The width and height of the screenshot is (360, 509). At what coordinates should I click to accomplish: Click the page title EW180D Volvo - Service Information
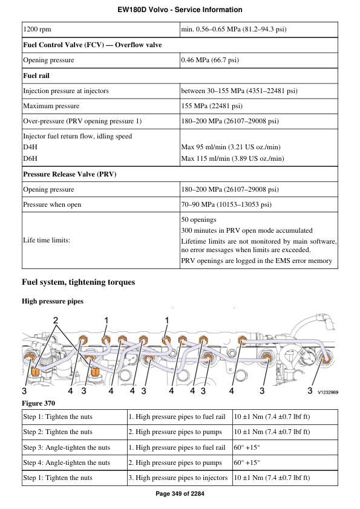(x=180, y=10)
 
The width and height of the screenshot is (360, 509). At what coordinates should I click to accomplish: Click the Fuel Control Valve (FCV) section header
(x=92, y=45)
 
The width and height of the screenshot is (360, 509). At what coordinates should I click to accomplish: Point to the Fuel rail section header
(x=36, y=76)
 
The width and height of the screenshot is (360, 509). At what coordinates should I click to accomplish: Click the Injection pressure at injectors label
(x=66, y=91)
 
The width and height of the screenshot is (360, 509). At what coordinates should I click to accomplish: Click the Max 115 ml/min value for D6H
(x=232, y=158)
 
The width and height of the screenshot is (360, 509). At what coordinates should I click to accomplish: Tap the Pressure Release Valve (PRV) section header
(x=70, y=174)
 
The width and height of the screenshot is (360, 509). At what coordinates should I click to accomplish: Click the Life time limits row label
(x=47, y=240)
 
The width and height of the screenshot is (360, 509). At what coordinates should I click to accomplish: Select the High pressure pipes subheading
(x=53, y=301)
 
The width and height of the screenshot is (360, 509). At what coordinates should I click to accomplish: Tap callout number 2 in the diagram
(x=56, y=319)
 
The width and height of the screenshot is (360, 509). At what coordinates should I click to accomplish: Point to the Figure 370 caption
(x=38, y=403)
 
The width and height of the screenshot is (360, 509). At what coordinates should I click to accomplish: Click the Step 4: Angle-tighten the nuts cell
(x=67, y=462)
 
